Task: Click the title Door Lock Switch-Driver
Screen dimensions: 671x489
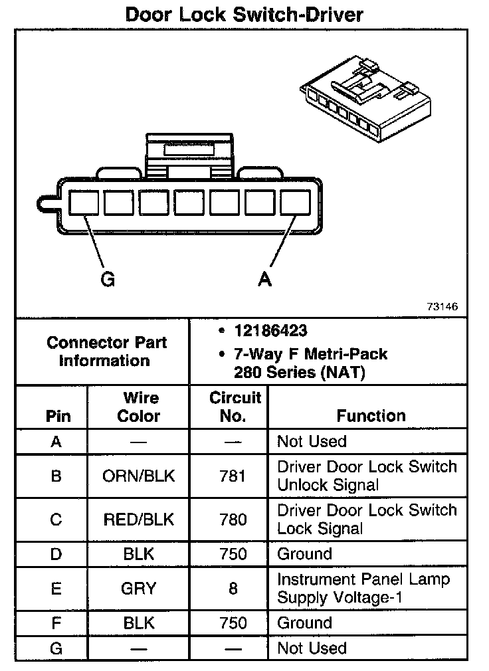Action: point(244,15)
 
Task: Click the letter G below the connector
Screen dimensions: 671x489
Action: point(108,280)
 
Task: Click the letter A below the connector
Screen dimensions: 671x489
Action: point(265,280)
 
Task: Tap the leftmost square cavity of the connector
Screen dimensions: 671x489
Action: point(84,202)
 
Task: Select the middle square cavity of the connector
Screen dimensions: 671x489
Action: point(189,202)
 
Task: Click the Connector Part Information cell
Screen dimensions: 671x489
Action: point(106,352)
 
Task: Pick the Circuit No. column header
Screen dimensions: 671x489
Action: point(235,407)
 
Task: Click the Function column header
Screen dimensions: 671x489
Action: point(371,416)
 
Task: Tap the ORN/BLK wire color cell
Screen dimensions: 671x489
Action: point(139,476)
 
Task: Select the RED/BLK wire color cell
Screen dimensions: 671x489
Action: point(139,520)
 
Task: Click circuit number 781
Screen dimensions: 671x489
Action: point(233,476)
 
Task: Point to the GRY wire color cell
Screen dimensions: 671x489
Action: point(139,588)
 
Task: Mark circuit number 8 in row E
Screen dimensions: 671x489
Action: point(233,588)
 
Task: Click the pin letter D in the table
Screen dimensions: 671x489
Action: point(56,554)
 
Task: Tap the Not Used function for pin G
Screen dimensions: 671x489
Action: point(312,648)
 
